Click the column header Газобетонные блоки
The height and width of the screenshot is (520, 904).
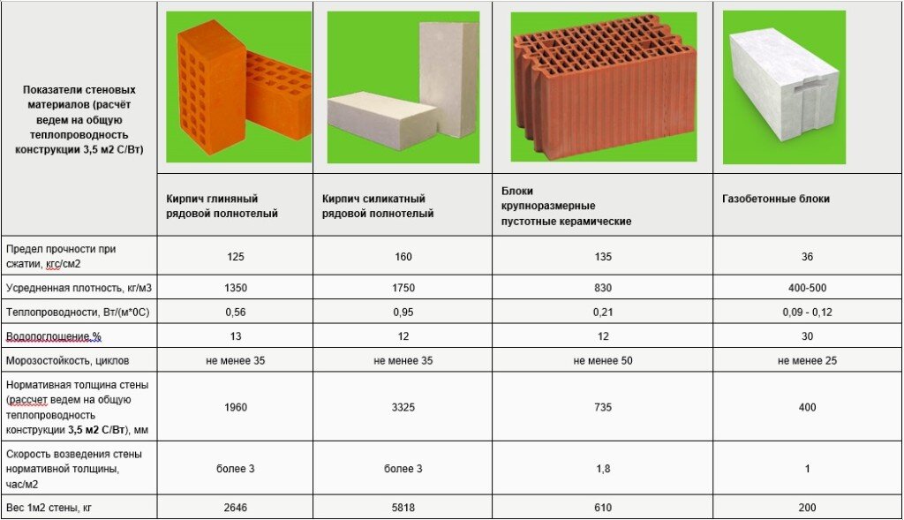[x=775, y=199]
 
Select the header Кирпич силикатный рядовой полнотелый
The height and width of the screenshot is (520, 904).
[x=378, y=207]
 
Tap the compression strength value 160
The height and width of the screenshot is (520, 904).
[x=403, y=257]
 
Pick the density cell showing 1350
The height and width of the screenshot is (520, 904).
[x=235, y=288]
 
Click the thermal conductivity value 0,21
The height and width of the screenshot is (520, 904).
[x=602, y=313]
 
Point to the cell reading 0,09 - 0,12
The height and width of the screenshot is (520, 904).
[x=807, y=313]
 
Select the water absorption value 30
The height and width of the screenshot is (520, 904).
[x=807, y=336]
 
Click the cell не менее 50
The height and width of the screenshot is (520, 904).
[x=602, y=361]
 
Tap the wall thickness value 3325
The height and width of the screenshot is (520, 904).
[x=403, y=408]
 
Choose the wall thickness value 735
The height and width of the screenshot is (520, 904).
[x=602, y=408]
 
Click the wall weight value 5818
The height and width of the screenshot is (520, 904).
[x=403, y=508]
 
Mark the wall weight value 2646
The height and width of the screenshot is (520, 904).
[x=235, y=508]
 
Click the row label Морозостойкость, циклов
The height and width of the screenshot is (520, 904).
[x=67, y=361]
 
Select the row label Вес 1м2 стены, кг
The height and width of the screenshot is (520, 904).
[x=49, y=508]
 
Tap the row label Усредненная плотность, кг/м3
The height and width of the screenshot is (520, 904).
[x=79, y=288]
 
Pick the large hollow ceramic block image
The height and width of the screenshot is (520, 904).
[x=604, y=87]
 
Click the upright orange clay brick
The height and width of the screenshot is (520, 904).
[x=210, y=87]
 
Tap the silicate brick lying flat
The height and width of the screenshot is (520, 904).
[x=382, y=120]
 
